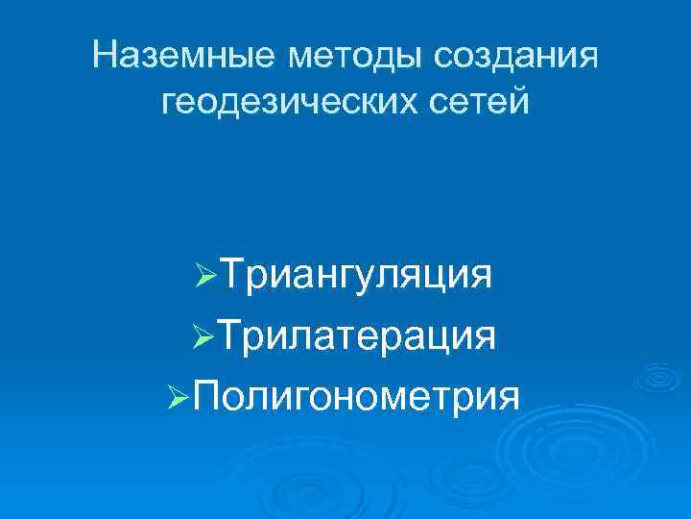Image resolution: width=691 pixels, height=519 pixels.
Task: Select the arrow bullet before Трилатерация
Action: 206,337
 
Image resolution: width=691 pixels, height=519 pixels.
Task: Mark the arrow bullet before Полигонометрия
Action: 179,396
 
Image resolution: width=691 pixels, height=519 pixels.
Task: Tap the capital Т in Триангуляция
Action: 234,274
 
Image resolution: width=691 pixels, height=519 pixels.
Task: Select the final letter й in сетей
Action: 520,98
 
